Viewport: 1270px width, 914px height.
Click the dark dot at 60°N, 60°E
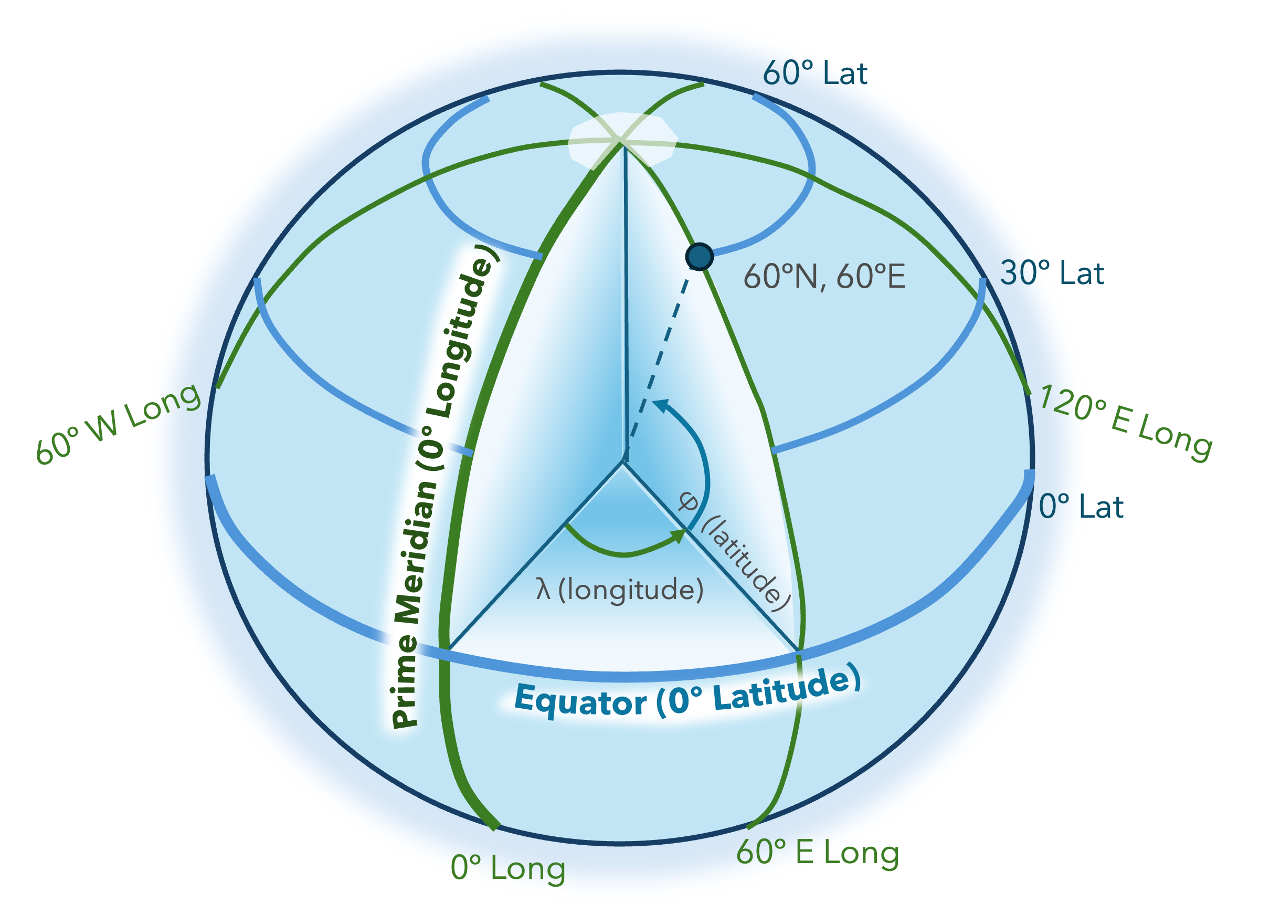700,257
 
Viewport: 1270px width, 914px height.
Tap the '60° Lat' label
815,73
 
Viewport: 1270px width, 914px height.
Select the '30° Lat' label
1052,274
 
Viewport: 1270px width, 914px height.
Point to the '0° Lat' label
1081,507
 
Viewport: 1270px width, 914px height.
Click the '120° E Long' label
1126,424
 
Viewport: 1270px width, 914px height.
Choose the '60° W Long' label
118,424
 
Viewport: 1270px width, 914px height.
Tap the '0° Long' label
508,868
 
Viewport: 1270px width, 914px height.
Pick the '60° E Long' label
818,853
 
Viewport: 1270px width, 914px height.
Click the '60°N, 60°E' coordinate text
824,277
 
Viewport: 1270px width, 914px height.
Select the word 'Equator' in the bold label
580,701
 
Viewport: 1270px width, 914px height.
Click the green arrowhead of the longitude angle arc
678,535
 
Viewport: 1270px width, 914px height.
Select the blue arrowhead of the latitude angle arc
661,405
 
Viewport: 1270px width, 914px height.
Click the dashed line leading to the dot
661,353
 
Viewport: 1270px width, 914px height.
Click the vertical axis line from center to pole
626,302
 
